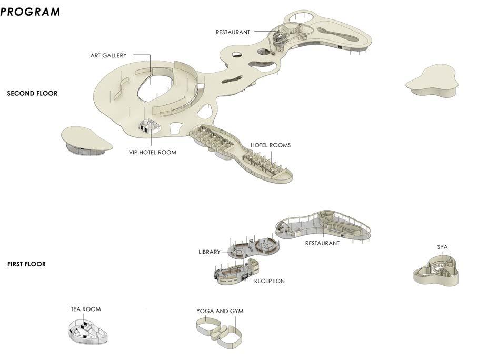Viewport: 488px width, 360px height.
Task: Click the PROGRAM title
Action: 30,12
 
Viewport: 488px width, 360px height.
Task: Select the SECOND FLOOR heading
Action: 32,93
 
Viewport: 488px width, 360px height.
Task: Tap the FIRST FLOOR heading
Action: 26,264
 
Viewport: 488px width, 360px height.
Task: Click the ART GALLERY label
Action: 108,55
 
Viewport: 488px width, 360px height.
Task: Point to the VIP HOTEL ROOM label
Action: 153,152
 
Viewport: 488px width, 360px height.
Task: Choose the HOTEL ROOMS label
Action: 271,145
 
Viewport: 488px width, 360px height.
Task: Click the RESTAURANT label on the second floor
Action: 233,32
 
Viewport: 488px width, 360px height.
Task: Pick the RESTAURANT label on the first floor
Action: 322,243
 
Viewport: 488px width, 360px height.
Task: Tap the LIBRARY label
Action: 210,252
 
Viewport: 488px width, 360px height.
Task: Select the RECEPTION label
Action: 269,281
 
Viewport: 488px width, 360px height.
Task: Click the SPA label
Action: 442,246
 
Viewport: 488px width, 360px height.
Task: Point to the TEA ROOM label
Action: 86,309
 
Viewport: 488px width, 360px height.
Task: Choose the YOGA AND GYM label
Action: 220,311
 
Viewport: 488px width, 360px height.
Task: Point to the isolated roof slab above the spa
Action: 432,81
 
